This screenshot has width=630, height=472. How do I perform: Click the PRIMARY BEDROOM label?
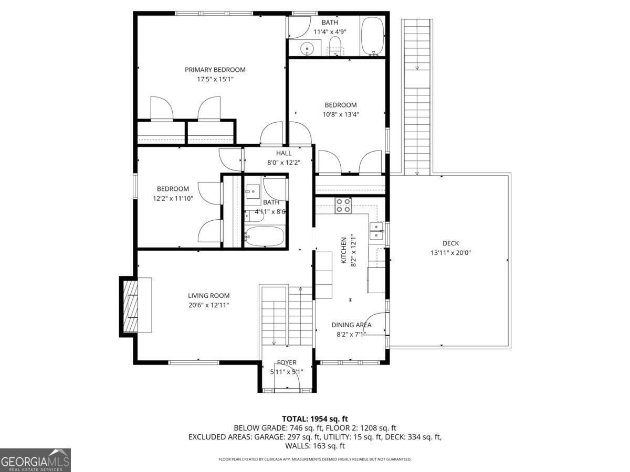click(x=215, y=70)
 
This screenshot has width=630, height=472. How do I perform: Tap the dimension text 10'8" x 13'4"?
click(x=341, y=115)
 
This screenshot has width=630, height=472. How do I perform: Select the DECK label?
click(x=450, y=243)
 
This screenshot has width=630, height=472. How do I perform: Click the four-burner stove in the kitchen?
click(x=343, y=206)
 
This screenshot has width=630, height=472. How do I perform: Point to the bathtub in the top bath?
click(x=373, y=36)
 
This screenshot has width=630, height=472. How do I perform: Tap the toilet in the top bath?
click(x=334, y=47)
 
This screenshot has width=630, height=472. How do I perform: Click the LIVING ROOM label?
click(x=208, y=296)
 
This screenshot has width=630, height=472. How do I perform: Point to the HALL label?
click(x=283, y=153)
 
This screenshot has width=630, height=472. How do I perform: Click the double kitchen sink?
click(x=376, y=231)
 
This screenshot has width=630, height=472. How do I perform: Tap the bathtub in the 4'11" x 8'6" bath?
click(x=265, y=236)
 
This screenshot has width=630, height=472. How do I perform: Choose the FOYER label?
click(x=287, y=362)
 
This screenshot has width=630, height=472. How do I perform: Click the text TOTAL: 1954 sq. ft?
click(x=315, y=419)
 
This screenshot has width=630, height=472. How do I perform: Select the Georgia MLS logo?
click(x=35, y=460)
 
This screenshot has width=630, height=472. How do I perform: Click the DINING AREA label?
click(x=351, y=325)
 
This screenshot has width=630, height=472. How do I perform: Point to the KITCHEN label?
click(x=343, y=251)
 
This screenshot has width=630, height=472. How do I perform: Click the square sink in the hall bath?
click(x=253, y=191)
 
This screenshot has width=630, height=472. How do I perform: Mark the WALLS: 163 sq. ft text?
click(x=315, y=446)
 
